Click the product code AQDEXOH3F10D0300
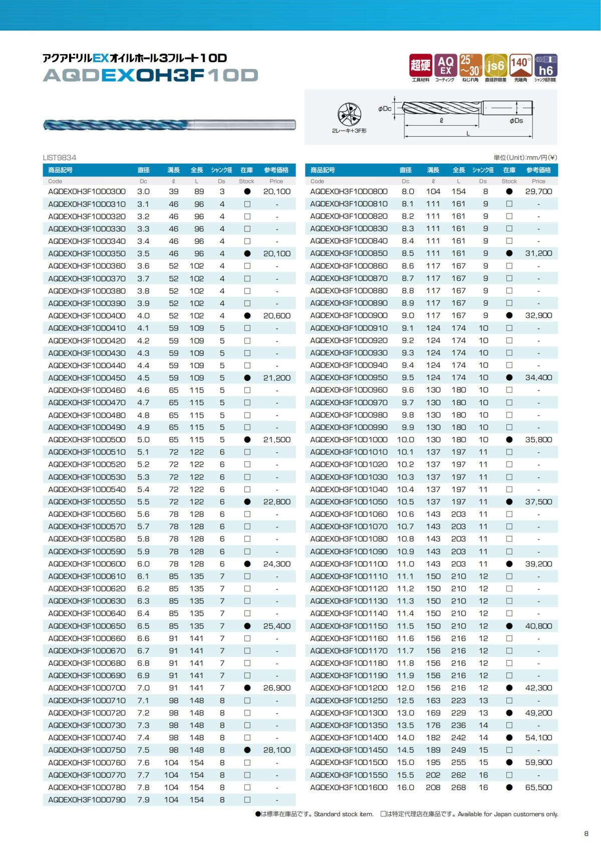(x=87, y=191)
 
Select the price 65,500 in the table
(x=538, y=787)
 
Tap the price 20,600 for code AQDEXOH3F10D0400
(x=276, y=316)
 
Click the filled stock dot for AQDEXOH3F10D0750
(x=247, y=750)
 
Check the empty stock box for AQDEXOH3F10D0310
(x=247, y=204)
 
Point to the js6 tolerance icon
(x=495, y=66)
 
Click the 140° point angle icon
(x=520, y=66)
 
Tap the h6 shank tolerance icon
(x=545, y=66)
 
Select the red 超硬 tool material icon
(x=420, y=66)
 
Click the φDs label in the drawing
(x=516, y=121)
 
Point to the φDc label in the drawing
(x=385, y=109)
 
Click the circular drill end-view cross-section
(x=349, y=115)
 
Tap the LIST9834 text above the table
(x=60, y=157)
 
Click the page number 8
(x=586, y=833)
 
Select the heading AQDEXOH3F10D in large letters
(x=150, y=76)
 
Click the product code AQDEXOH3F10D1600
(x=349, y=787)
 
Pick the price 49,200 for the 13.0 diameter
(x=538, y=713)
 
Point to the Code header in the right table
(x=318, y=181)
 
